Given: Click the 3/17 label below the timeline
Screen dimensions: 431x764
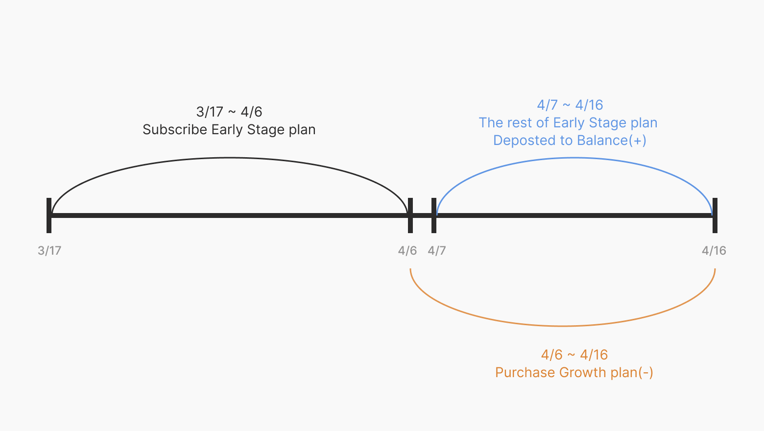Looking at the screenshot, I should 49,251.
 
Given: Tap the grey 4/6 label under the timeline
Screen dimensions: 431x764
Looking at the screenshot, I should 407,251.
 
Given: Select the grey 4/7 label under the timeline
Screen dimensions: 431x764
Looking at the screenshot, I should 437,251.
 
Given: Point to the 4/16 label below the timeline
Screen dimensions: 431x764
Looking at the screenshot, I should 714,251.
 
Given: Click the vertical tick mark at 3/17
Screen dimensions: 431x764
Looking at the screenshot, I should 49,215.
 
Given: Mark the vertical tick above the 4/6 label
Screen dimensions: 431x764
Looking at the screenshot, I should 410,215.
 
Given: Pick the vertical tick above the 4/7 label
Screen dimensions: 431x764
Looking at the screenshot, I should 434,215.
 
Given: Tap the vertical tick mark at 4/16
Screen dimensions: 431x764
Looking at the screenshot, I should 715,215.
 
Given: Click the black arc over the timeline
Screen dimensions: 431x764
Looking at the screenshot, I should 229,158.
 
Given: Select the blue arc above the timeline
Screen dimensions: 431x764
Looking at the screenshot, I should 574,158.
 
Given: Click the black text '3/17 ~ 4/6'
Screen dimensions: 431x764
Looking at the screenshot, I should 229,112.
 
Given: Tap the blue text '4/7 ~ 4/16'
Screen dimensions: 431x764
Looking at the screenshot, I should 570,105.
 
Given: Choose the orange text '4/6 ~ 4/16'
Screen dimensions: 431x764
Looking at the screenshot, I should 574,355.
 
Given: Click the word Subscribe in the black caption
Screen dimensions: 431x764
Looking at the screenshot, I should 175,130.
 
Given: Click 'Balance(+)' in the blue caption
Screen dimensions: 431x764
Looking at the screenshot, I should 612,141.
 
